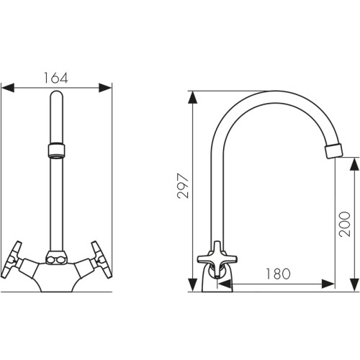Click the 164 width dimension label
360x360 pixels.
(56, 78)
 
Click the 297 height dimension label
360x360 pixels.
(183, 186)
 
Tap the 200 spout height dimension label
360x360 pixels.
(345, 224)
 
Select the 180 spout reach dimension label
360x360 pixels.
(278, 274)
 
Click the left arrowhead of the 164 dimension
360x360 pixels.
(8, 88)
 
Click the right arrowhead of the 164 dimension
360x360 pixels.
(105, 88)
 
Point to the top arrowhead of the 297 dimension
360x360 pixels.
(193, 97)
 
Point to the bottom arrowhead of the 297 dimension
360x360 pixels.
(193, 285)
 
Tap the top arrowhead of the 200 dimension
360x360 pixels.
(354, 164)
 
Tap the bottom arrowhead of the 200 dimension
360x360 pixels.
(354, 285)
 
